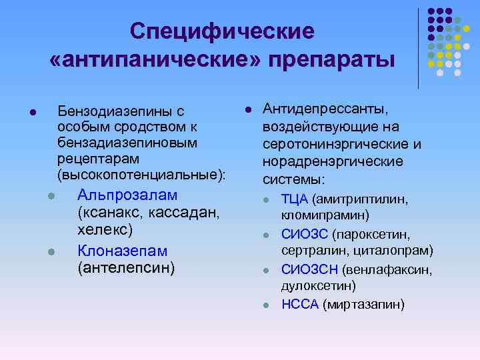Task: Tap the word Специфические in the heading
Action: coord(221,30)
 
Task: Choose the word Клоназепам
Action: coord(123,251)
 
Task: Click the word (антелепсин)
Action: coord(126,268)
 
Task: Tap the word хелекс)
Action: coord(105,229)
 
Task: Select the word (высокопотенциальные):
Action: coord(142,175)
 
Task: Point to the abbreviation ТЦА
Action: coord(294,199)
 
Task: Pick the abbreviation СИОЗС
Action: coord(305,234)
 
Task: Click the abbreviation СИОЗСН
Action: coord(310,269)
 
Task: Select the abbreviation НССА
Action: coord(300,305)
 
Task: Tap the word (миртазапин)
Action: coord(363,305)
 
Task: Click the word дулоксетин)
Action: coord(319,286)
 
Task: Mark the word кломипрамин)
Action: coord(325,215)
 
